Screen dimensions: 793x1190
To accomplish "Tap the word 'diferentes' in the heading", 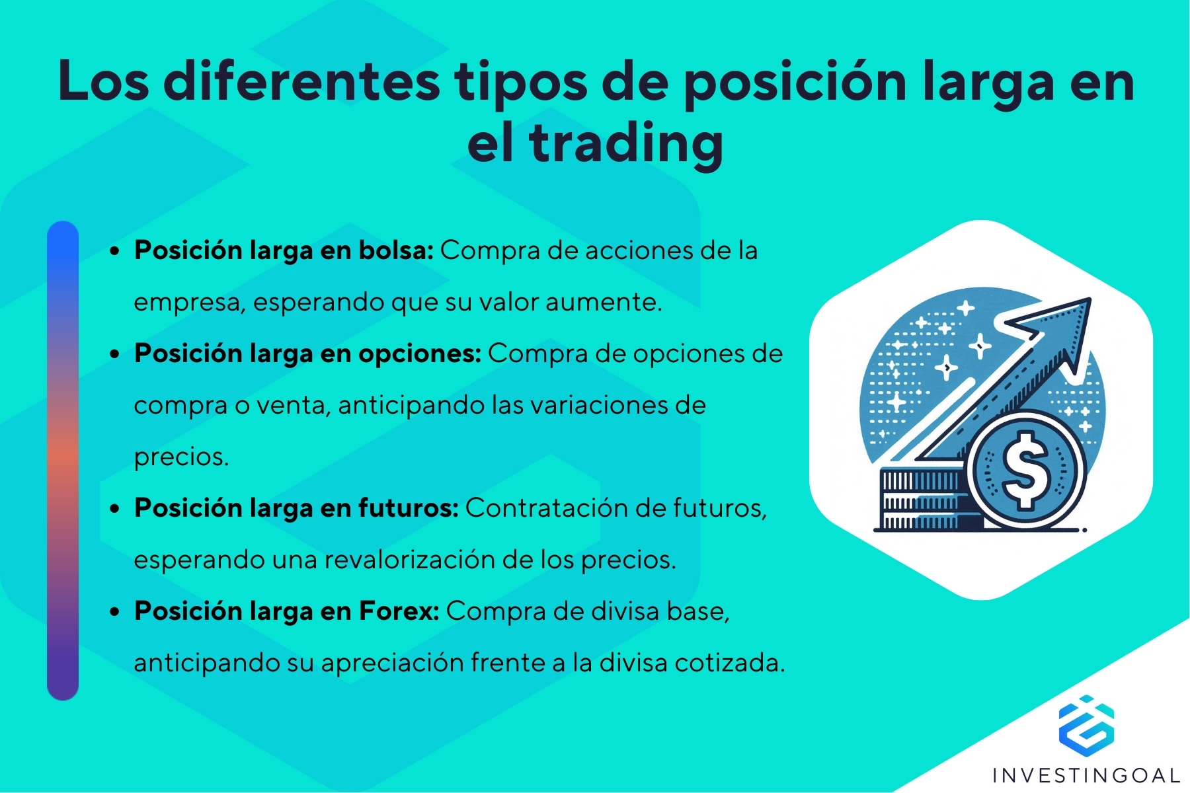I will tap(301, 82).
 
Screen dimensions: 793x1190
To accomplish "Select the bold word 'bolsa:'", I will tap(395, 250).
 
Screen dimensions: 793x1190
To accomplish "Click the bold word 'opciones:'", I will tap(420, 354).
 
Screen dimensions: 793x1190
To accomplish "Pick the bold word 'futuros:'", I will tap(408, 508).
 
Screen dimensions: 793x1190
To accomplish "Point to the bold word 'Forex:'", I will tap(399, 611).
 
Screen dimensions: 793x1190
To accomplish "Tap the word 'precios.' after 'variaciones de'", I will tap(181, 457).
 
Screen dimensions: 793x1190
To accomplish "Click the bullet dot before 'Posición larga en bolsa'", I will tap(116, 252).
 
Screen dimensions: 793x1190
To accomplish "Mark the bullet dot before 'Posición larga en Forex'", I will tap(116, 613).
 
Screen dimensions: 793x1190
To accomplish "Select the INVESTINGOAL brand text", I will tap(1086, 775).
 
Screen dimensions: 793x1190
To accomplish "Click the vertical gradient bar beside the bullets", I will tap(63, 461).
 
